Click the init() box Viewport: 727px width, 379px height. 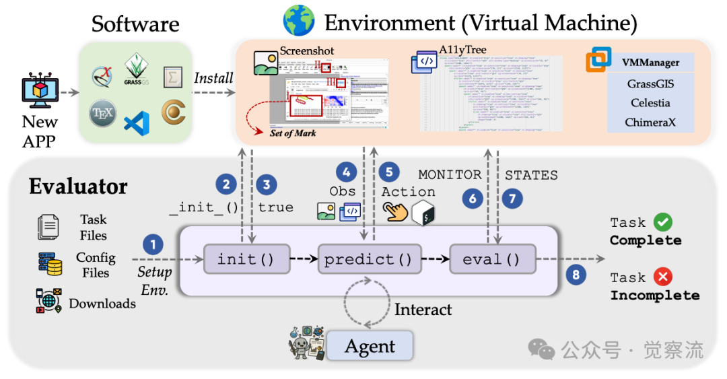click(x=246, y=259)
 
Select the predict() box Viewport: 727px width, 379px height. click(x=368, y=259)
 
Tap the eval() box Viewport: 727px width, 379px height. click(x=492, y=259)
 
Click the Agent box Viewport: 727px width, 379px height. click(x=370, y=346)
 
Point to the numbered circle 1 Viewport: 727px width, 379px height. click(x=153, y=244)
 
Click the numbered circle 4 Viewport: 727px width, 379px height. click(x=347, y=172)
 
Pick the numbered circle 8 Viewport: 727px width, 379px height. click(x=574, y=274)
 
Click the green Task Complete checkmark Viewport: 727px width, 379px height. click(x=663, y=222)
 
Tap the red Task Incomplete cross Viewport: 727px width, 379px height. click(x=664, y=277)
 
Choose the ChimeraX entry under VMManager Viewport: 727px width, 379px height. click(x=650, y=123)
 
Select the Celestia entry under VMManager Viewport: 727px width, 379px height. click(x=650, y=103)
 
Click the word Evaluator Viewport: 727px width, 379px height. click(x=77, y=186)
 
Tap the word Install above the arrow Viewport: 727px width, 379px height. click(x=213, y=78)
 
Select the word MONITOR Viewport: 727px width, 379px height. click(x=450, y=175)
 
